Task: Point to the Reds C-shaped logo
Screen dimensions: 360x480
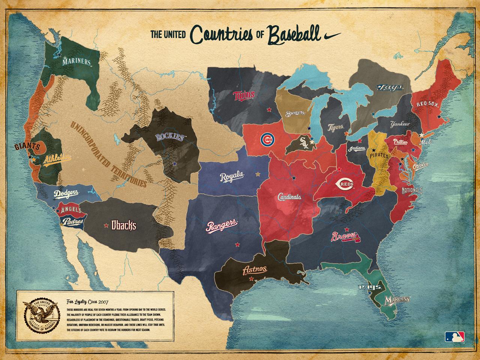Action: point(345,184)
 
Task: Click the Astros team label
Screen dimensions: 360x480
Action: point(255,270)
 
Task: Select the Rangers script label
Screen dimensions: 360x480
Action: point(222,226)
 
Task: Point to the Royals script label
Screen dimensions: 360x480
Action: point(232,177)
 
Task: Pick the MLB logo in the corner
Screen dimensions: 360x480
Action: point(454,336)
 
